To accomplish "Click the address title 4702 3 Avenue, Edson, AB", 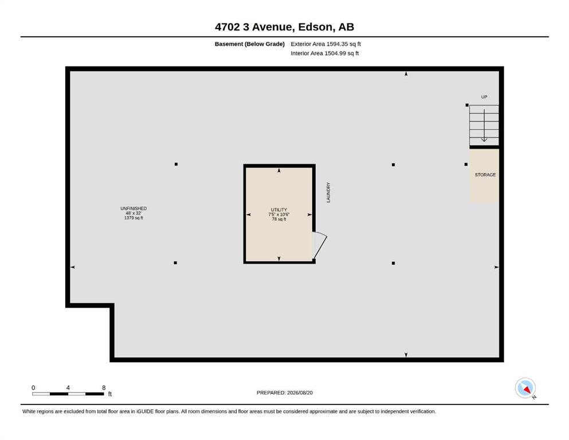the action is click(x=284, y=27).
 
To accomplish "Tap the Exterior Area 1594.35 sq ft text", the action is click(x=325, y=44).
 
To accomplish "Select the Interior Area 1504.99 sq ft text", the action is click(x=325, y=53).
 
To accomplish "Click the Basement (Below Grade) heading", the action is click(x=250, y=44).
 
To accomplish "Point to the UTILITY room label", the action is click(x=278, y=210).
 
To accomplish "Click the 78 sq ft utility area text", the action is click(x=278, y=219).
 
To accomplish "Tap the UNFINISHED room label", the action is click(x=134, y=209).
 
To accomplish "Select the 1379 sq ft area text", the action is click(x=134, y=218).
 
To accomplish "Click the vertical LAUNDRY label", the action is click(x=328, y=192).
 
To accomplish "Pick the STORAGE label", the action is click(x=485, y=175).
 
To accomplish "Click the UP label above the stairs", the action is click(x=484, y=97).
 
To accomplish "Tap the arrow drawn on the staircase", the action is click(x=484, y=125).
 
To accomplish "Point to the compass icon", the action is click(x=525, y=388).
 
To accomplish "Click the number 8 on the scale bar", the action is click(x=104, y=388).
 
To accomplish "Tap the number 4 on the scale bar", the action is click(x=68, y=388).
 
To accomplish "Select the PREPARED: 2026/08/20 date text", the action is click(x=284, y=392).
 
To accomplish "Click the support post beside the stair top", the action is click(x=467, y=105).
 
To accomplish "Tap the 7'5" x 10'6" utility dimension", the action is click(x=278, y=214).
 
